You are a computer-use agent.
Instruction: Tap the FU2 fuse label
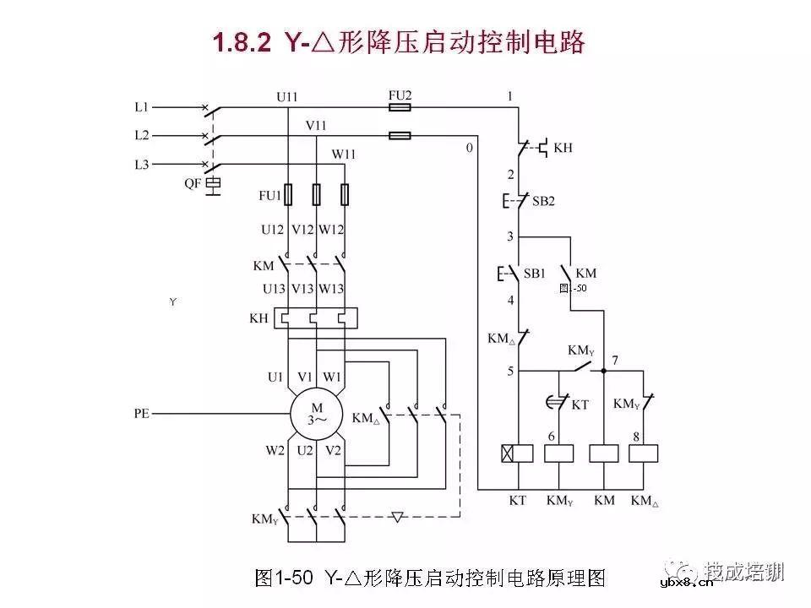[399, 95]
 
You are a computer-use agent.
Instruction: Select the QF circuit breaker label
[193, 182]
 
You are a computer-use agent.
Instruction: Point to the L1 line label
[142, 107]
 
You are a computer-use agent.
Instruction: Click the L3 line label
[142, 163]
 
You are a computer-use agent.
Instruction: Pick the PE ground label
[141, 414]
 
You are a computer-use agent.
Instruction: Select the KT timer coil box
[518, 453]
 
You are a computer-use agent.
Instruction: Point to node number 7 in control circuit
[615, 361]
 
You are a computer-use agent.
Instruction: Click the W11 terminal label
[343, 155]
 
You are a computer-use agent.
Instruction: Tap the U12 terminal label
[272, 229]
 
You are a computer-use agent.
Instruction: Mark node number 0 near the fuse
[469, 148]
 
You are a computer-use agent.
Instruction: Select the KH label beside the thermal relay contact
[563, 147]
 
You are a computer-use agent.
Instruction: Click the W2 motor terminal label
[275, 451]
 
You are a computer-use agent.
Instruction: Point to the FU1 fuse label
[269, 195]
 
